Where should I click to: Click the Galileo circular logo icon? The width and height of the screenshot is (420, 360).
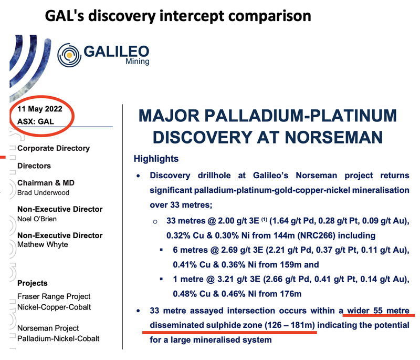69,55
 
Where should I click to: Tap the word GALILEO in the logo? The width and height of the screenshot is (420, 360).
116,51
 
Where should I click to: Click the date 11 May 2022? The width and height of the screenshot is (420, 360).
40,109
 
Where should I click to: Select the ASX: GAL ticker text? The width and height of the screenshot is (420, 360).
36,122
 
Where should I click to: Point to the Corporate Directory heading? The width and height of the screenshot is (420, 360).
54,148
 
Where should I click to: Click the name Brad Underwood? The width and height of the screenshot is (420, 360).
44,193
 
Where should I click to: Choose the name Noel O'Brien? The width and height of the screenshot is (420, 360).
37,219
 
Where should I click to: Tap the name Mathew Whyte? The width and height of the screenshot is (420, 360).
43,244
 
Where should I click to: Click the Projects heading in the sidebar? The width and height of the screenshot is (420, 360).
33,283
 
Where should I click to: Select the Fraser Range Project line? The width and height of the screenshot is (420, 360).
54,296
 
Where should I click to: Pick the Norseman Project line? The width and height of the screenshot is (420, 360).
48,328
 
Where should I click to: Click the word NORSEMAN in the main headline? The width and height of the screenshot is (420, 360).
334,138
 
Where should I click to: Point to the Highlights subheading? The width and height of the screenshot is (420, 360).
156,159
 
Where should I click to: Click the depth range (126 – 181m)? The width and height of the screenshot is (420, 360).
290,325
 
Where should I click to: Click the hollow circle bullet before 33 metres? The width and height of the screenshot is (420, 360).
155,222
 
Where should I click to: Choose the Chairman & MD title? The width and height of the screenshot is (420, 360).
46,183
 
